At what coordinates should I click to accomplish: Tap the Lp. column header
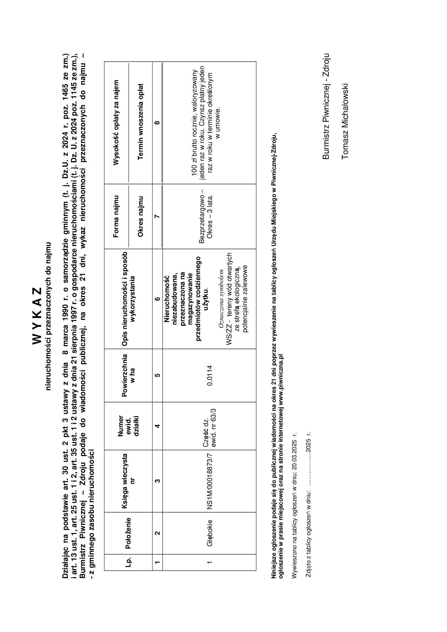[x=128, y=562]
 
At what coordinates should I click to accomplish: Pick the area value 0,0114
[x=210, y=375]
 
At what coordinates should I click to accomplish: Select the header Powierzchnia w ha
[x=128, y=375]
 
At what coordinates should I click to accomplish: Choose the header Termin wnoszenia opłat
[x=141, y=122]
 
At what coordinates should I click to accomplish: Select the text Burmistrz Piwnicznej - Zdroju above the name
[x=326, y=106]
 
